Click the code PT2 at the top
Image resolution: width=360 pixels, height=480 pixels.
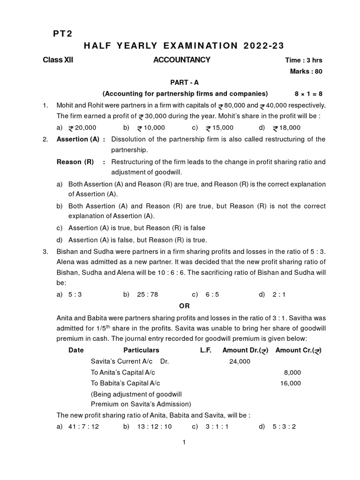coord(61,33)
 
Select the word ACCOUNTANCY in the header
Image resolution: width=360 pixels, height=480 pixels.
coord(181,60)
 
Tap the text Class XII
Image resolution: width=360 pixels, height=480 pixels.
coord(58,60)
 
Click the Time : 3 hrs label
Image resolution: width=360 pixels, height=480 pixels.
coord(304,60)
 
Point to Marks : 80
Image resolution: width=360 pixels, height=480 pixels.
coord(307,71)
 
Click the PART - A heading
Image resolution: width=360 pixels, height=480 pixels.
coord(185,82)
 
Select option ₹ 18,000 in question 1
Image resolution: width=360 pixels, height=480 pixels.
coord(287,127)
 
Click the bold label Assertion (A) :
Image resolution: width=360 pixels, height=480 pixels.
coord(81,139)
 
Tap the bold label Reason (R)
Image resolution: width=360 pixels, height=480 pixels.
coord(75,162)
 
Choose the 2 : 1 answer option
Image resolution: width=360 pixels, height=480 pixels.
coord(279,294)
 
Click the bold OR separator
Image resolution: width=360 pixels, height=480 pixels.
coord(185,306)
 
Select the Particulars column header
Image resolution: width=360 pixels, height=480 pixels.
coord(141,350)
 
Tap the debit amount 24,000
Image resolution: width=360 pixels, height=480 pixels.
coord(240,361)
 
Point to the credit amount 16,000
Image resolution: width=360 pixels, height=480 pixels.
coord(291,383)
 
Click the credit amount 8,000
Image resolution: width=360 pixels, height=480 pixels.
coord(292,372)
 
